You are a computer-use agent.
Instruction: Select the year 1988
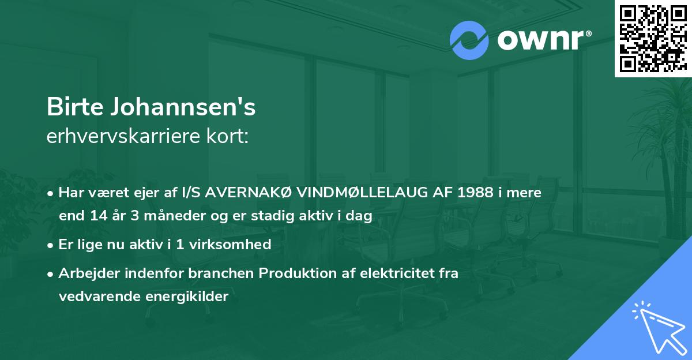(472, 193)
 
